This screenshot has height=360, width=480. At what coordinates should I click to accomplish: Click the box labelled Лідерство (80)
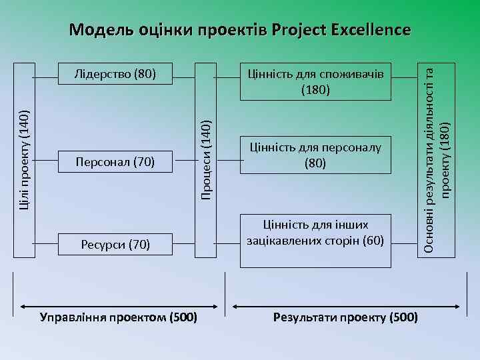[115, 73]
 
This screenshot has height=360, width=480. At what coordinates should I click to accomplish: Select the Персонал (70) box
[115, 162]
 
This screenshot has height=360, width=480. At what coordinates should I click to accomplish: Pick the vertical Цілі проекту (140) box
[25, 159]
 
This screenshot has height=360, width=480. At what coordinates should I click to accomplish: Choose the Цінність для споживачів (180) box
[315, 81]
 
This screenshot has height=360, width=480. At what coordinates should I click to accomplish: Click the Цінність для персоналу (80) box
[315, 154]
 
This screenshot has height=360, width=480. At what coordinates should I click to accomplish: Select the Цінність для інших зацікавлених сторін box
[315, 233]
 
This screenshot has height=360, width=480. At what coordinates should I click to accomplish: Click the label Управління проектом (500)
[119, 317]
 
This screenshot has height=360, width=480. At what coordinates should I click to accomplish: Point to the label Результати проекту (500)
[345, 317]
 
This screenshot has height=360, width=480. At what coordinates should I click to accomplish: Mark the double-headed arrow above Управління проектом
[119, 301]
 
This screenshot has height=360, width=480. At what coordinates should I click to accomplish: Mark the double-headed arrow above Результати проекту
[345, 301]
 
